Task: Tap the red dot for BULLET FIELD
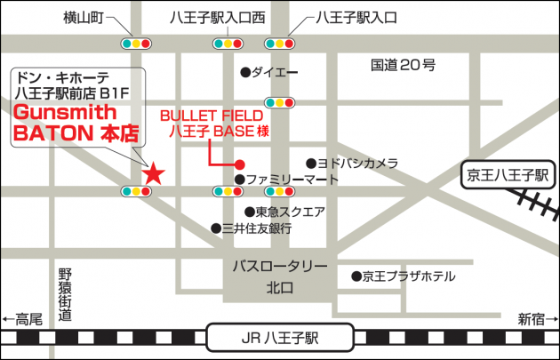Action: tap(239, 164)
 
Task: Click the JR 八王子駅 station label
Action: tap(279, 338)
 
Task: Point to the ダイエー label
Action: tap(275, 72)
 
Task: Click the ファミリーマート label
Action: tap(292, 180)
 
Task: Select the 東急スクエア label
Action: tap(290, 212)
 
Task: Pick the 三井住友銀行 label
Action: tap(257, 228)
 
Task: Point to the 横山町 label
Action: tap(85, 17)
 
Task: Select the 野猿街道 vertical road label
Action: tap(64, 294)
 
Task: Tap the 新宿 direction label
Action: tap(532, 318)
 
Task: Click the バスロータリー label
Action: tap(280, 267)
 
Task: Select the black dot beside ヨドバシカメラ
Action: tap(311, 164)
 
